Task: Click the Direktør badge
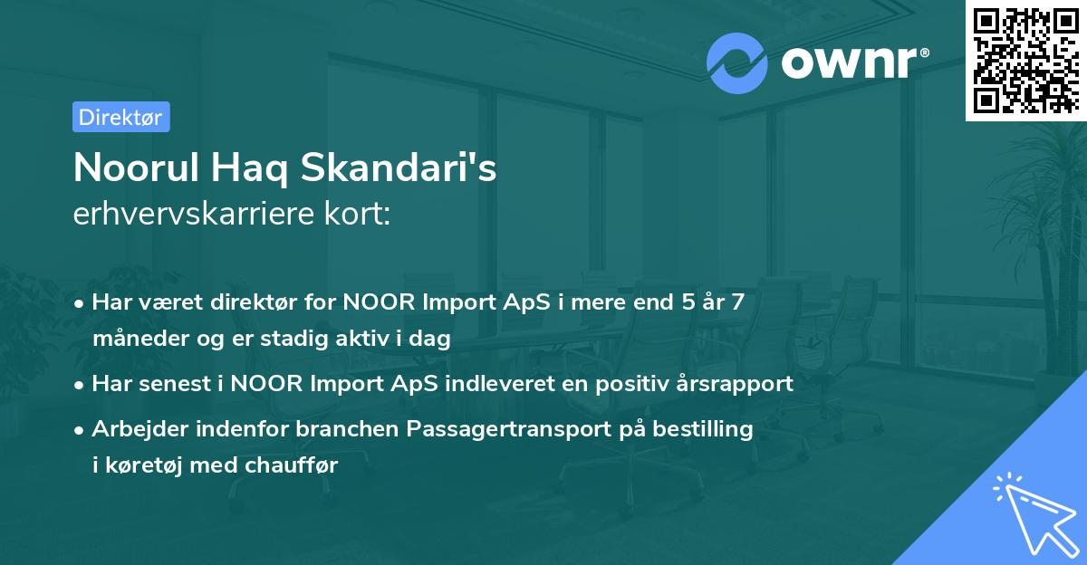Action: (x=120, y=116)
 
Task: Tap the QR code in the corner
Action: (x=1024, y=60)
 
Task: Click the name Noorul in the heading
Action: (x=138, y=168)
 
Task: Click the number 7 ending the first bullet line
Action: (x=738, y=302)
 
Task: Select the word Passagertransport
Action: (x=518, y=428)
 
